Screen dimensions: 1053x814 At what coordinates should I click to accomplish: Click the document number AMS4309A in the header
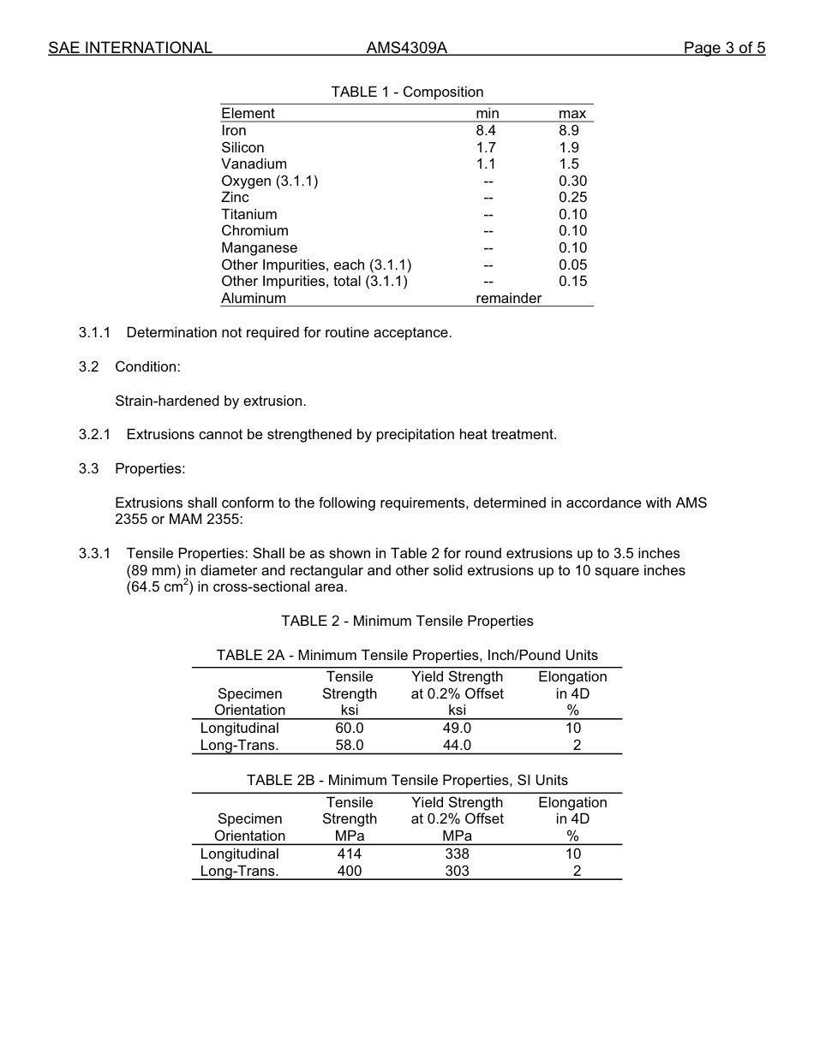pos(406,48)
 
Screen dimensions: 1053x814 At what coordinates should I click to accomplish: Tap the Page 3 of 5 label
pos(724,48)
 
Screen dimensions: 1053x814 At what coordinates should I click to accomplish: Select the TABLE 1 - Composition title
pos(407,92)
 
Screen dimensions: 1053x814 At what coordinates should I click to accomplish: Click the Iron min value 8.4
pos(486,130)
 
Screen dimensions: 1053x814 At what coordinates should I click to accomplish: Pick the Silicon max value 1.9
pos(569,147)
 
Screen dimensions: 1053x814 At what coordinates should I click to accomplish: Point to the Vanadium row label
pos(254,164)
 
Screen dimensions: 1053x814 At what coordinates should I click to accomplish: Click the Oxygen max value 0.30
pos(572,181)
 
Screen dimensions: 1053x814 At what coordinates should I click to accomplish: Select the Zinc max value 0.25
pos(572,197)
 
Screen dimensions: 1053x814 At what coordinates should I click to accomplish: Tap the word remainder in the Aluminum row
pos(508,298)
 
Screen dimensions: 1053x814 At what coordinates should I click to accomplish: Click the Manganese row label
pos(260,247)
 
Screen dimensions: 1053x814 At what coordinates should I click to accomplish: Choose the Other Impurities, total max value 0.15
pos(572,281)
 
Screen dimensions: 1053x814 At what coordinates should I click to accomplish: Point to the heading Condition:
pos(147,366)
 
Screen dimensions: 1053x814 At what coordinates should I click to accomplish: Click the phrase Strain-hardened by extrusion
pos(210,401)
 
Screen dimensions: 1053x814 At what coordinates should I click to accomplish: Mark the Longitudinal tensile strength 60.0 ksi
pos(350,728)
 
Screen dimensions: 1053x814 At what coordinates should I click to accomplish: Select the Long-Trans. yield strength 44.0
pos(457,745)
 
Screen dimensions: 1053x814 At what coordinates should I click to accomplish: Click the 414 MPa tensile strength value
pos(350,854)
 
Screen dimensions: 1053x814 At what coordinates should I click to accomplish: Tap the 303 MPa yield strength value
pos(457,871)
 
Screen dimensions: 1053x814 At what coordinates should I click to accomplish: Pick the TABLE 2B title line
pos(407,780)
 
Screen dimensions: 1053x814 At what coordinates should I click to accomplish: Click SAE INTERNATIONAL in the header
pos(130,48)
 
